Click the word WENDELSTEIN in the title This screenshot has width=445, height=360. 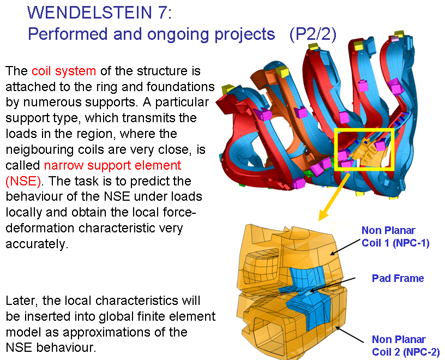(89, 12)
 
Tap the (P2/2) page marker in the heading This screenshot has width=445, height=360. (312, 34)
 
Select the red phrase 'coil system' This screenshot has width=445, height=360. (64, 71)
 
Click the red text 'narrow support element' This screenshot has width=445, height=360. (113, 165)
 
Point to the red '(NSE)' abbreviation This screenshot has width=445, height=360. (23, 181)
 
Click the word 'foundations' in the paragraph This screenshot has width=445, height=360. (181, 87)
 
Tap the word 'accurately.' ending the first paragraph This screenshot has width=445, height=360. (37, 244)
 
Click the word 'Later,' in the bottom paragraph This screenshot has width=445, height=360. (22, 301)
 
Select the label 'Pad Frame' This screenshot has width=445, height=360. (398, 278)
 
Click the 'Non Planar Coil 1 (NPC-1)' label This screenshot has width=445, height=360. (395, 237)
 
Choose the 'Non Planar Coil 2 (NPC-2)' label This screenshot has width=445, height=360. (406, 345)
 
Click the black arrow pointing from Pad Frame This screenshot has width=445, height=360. (332, 285)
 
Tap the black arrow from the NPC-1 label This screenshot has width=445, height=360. (345, 247)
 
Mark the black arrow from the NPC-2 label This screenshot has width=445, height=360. (350, 334)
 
